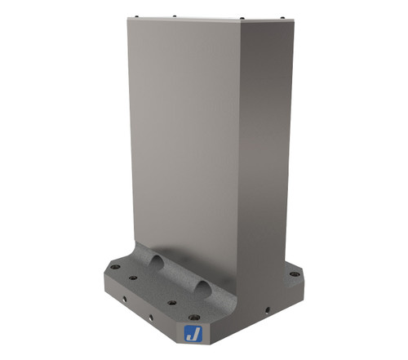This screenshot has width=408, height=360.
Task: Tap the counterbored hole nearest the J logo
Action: pos(193,317)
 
